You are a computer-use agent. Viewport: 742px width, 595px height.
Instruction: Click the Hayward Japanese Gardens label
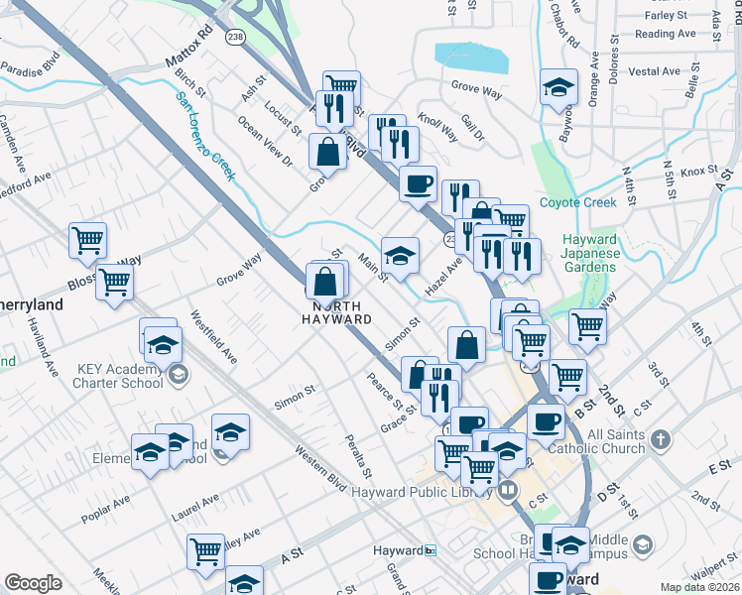[591, 253]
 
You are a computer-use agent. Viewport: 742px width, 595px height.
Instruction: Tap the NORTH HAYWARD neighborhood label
[337, 312]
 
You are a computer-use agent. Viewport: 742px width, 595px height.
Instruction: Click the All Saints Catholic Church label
[629, 442]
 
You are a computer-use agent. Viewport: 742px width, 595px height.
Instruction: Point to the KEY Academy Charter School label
[120, 376]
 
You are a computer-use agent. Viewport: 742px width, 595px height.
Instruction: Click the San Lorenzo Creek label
[205, 136]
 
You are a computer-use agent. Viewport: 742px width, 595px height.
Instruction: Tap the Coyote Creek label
[577, 202]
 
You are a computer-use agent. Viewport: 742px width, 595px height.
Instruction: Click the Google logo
[33, 583]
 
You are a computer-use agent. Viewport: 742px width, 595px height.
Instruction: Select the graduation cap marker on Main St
[400, 255]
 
